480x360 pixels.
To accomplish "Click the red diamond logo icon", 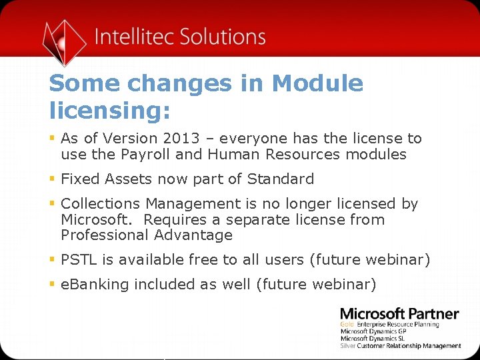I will [64, 41].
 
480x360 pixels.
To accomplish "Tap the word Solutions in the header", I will [224, 36].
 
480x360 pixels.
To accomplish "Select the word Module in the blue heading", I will [317, 84].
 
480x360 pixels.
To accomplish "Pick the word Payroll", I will [144, 155].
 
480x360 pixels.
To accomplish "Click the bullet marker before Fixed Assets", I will [52, 179].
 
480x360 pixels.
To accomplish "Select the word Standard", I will [280, 179].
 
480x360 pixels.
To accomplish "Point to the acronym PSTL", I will [78, 259].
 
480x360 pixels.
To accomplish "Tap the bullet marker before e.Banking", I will [52, 285].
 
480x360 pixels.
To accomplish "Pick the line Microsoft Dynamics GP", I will [373, 331].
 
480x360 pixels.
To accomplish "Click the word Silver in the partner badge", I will [347, 345].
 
